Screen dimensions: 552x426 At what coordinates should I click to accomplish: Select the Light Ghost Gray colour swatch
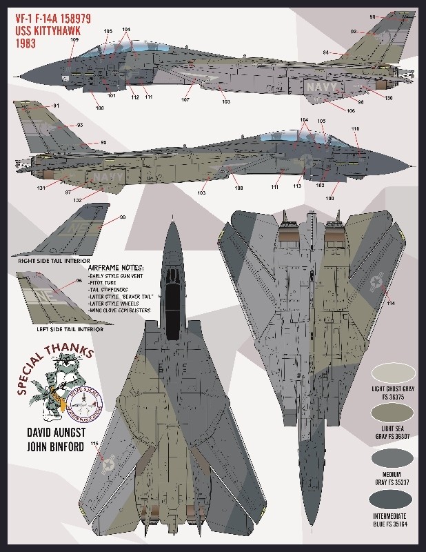[394, 373]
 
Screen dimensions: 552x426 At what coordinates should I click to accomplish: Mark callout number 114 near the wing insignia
[391, 302]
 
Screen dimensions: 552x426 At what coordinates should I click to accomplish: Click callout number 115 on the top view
[94, 444]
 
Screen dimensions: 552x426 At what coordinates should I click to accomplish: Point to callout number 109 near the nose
[74, 39]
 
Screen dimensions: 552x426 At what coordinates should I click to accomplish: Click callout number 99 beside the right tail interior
[123, 217]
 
